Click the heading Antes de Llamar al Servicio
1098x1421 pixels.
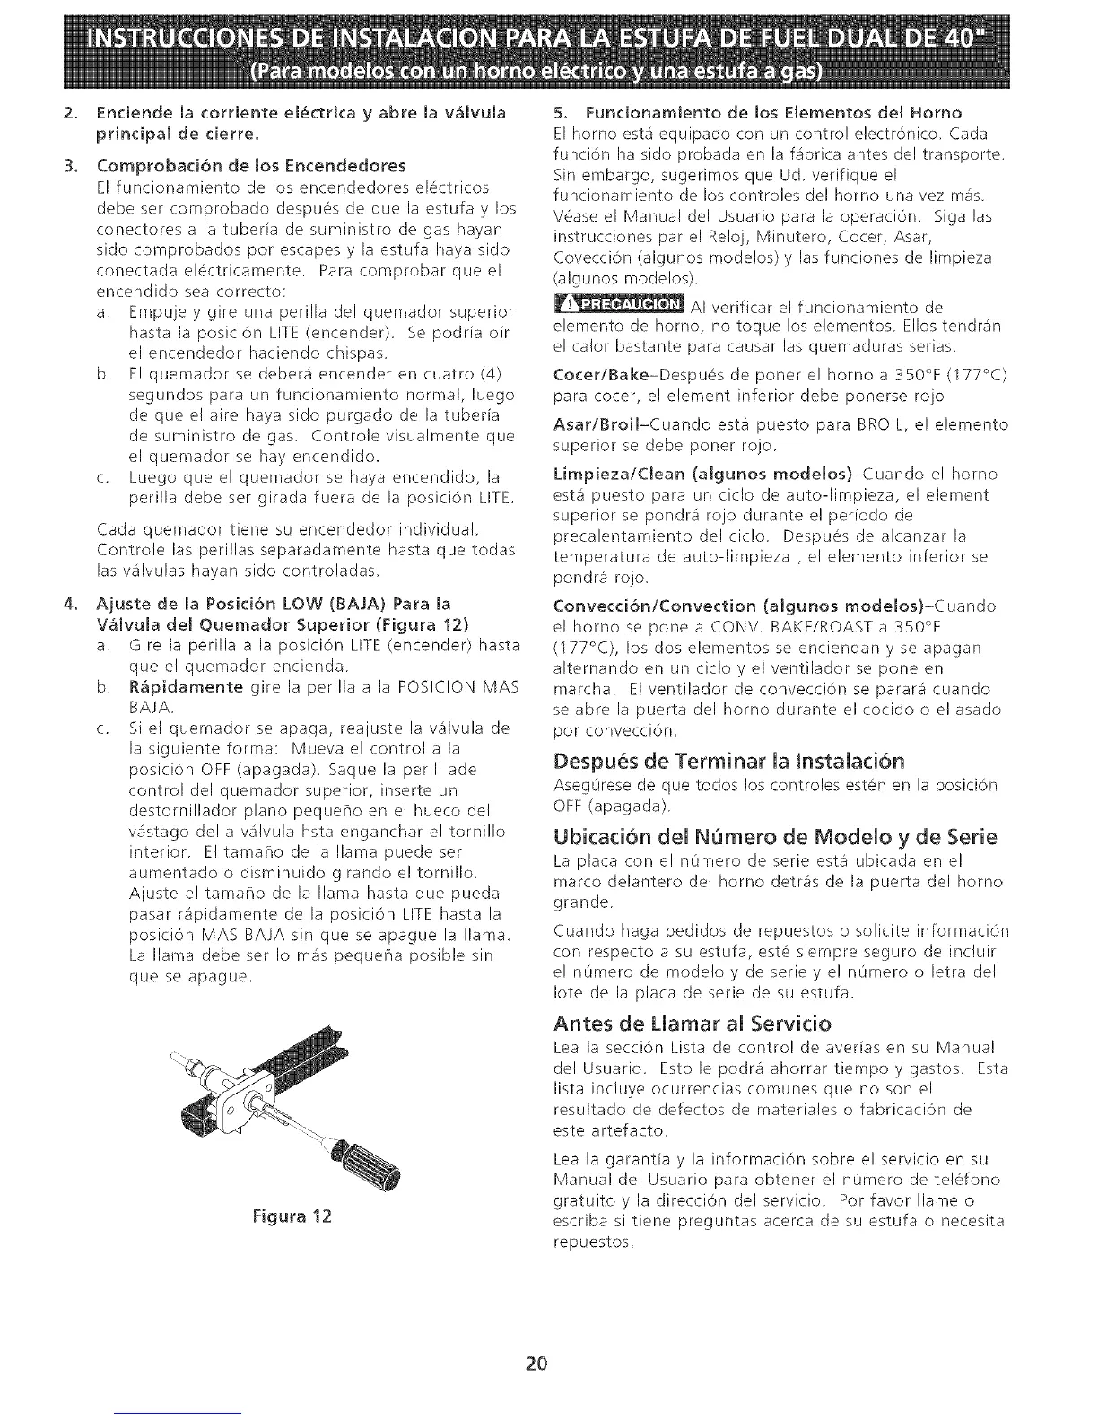point(692,1023)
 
